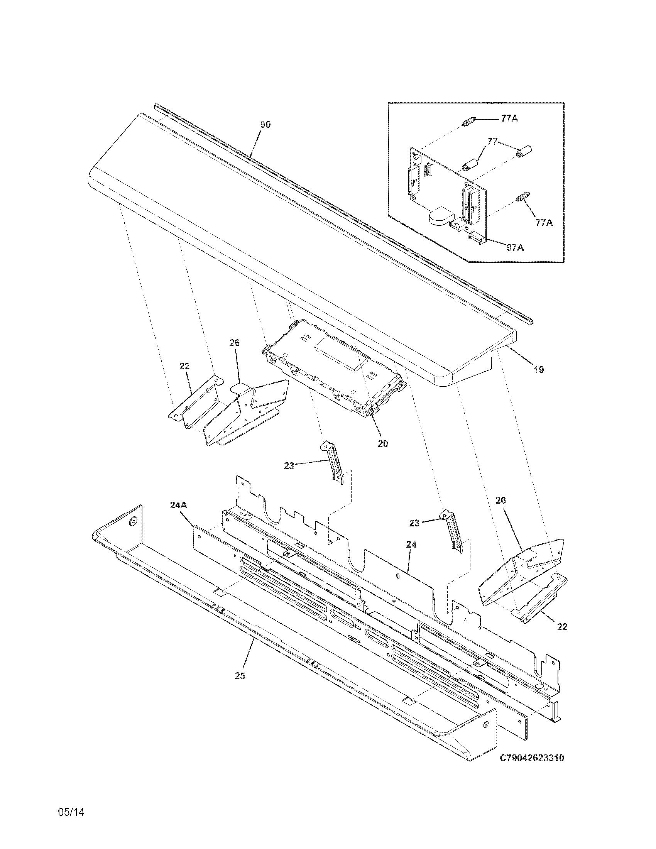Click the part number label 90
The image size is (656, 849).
pyautogui.click(x=265, y=124)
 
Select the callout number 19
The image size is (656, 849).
pyautogui.click(x=538, y=370)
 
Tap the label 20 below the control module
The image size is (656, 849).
pyautogui.click(x=383, y=443)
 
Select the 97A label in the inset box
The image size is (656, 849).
pyautogui.click(x=514, y=247)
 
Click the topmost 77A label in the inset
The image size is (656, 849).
pyautogui.click(x=509, y=118)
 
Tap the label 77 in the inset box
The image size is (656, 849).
pyautogui.click(x=492, y=142)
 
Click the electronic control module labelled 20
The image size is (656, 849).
pyautogui.click(x=334, y=373)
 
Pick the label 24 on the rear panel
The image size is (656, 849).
pyautogui.click(x=411, y=545)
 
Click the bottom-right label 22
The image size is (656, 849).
pyautogui.click(x=562, y=627)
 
